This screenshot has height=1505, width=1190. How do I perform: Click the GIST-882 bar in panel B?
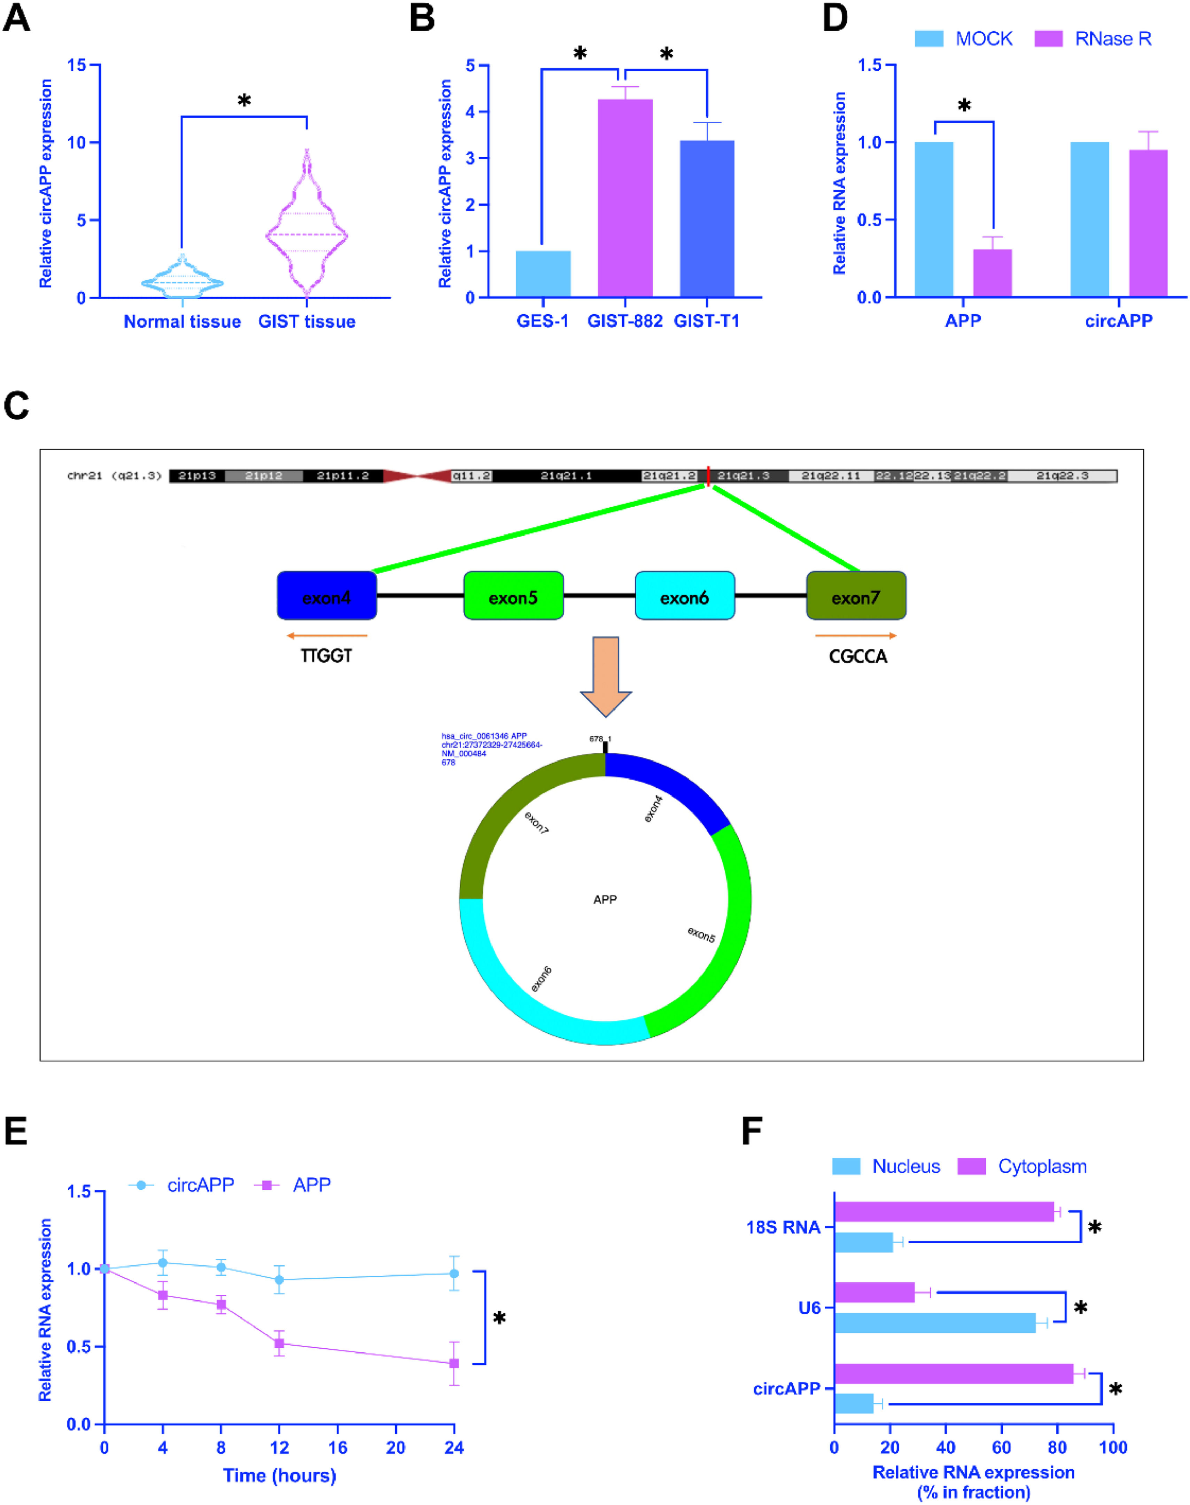tap(625, 198)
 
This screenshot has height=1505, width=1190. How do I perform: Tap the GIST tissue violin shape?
tap(306, 230)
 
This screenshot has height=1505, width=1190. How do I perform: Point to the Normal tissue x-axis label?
tap(182, 322)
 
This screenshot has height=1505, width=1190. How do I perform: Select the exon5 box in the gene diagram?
tap(513, 596)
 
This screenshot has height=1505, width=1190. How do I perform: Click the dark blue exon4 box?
tap(327, 596)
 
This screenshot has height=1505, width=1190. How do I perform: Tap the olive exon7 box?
tap(856, 596)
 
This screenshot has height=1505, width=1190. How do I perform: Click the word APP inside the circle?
tap(605, 900)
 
